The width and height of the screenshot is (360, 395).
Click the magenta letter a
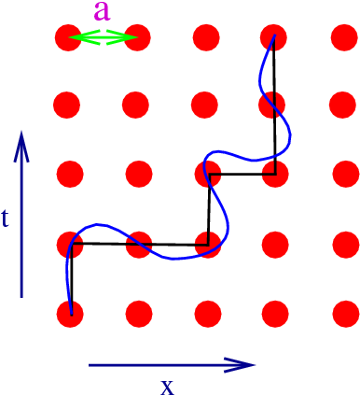coord(103,13)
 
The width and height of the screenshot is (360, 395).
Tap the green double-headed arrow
coord(103,37)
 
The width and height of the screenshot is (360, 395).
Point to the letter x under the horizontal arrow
coord(167,385)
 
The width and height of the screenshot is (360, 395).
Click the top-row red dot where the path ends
coord(274,38)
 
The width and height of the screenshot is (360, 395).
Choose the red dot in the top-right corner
coord(343,38)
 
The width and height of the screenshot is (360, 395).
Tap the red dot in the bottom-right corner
coord(343,313)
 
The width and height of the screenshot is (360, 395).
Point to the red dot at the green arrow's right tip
coord(137,38)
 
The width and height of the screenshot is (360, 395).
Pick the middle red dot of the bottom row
coord(206,313)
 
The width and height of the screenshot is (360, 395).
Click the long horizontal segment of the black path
coord(137,245)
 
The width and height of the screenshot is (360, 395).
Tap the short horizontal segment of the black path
coord(241,175)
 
